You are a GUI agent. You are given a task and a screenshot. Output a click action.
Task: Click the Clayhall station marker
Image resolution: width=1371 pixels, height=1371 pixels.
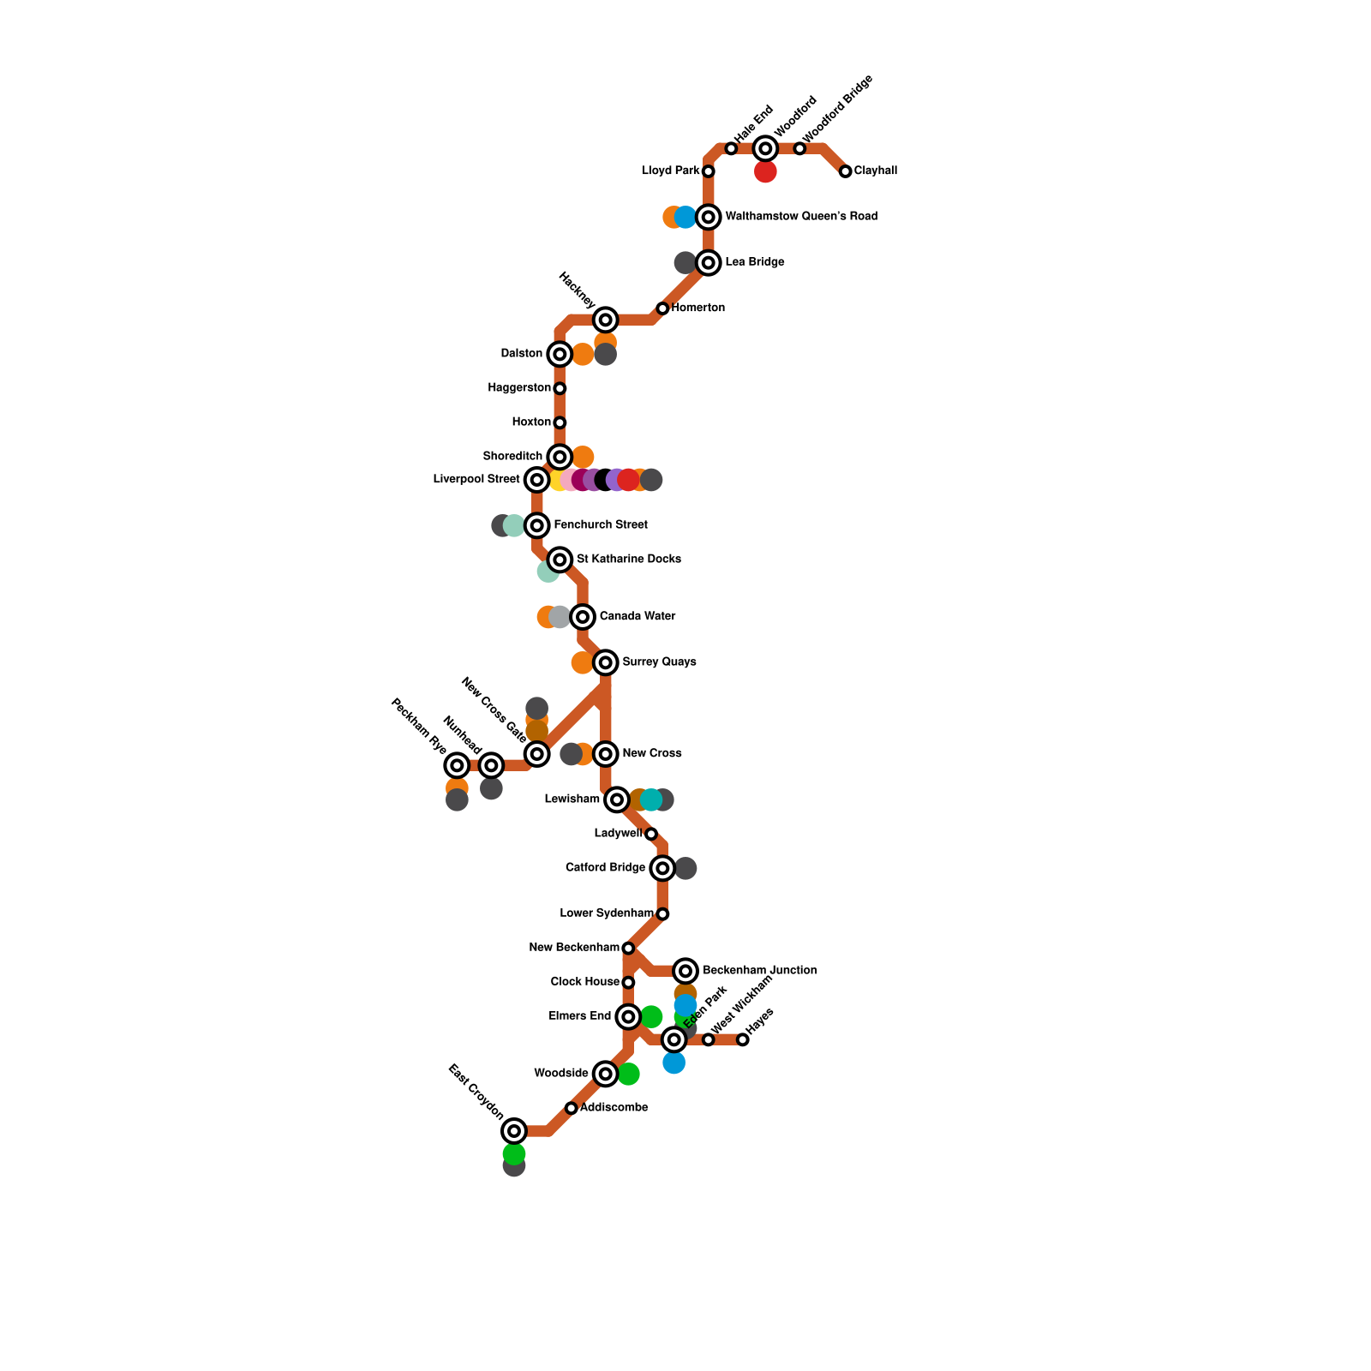845,171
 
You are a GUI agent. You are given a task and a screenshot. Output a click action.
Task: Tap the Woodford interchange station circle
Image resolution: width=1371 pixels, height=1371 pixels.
765,148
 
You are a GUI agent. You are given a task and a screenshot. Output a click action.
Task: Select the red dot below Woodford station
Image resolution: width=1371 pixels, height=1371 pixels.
765,172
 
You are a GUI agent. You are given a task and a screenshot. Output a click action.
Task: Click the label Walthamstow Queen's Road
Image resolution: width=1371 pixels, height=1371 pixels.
801,217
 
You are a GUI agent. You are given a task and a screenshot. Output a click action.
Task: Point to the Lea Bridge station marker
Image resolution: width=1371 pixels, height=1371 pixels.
708,262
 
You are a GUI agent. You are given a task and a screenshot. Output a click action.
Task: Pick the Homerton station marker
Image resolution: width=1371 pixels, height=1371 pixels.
662,308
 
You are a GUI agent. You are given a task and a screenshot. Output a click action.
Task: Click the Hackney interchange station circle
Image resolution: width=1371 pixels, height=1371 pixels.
606,320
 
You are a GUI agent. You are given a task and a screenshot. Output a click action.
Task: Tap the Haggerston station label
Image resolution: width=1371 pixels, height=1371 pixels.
519,388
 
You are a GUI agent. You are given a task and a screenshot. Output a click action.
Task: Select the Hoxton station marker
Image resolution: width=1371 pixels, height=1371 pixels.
560,422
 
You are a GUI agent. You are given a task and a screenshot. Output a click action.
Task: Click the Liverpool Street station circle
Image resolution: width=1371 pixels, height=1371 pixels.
536,480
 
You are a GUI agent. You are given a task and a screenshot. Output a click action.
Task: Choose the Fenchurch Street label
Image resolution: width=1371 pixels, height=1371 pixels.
601,524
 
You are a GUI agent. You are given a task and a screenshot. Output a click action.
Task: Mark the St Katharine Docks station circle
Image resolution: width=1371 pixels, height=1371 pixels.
560,560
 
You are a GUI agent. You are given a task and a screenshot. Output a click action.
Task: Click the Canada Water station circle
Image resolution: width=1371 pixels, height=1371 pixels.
583,616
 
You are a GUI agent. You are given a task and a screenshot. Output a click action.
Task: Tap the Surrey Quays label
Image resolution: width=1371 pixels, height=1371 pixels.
659,662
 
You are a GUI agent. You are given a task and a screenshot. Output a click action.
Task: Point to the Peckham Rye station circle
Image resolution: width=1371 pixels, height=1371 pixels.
458,765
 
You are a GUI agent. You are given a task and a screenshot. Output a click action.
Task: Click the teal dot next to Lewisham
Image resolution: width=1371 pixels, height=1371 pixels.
651,799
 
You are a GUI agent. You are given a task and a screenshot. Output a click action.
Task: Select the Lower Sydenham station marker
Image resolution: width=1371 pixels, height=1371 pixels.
662,914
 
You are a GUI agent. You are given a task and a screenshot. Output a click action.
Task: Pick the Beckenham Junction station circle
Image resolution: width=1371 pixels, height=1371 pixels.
685,971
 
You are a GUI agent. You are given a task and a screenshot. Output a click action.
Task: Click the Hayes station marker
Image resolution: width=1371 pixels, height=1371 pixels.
743,1039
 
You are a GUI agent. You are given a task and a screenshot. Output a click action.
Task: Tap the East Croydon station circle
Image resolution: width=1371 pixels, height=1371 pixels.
514,1131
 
